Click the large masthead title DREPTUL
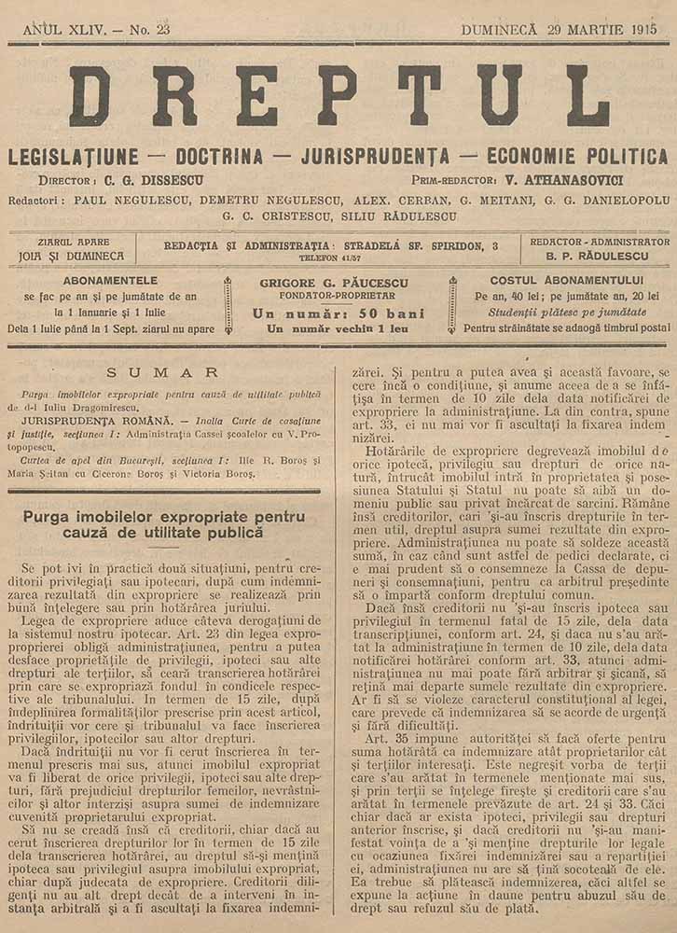click(x=338, y=95)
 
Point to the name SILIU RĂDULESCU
click(x=405, y=216)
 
